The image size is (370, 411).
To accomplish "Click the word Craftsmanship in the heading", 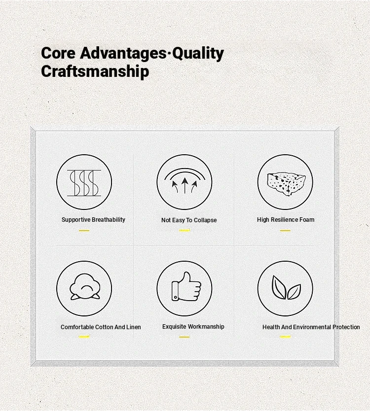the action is point(95,71).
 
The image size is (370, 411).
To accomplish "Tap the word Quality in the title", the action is point(198,54).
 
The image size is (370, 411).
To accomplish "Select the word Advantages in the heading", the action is point(123,54).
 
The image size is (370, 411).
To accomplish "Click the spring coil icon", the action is point(84,183).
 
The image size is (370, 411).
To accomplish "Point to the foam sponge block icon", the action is point(286,183).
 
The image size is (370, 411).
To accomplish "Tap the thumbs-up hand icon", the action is point(186,286).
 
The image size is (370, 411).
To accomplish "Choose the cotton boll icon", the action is point(85,287).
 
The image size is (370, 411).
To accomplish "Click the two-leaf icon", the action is point(286,287).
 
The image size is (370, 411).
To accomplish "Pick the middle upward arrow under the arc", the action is point(185,185).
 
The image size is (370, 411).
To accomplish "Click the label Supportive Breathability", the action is point(93,220).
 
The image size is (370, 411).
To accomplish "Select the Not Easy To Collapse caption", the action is point(189,220).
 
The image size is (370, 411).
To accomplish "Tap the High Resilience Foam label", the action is point(286,220).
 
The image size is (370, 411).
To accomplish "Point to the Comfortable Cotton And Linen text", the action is point(101,327).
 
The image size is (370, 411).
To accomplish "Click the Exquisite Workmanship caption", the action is point(193,327).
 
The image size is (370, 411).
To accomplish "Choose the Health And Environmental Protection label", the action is point(311,327).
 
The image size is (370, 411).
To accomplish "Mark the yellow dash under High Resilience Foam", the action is point(285,231).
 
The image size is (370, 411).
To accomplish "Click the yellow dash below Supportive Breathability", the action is point(84,231).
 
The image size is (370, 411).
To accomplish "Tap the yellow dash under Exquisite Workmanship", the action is point(184,337).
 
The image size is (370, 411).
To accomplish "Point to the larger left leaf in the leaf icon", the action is point(278,287).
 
